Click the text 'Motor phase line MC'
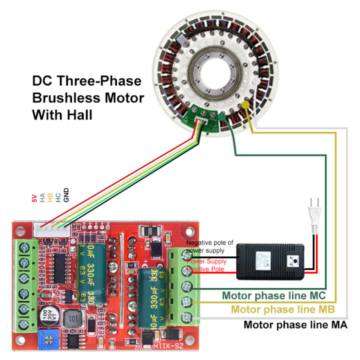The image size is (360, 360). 274,295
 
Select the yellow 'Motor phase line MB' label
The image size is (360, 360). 283,309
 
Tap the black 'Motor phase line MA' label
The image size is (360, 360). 295,324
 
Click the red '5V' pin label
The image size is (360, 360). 34,198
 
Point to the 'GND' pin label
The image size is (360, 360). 66,195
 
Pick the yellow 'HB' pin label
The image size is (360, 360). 50,197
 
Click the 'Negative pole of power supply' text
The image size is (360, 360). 209,246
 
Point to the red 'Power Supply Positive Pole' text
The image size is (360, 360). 206,265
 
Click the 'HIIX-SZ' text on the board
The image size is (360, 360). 156,345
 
